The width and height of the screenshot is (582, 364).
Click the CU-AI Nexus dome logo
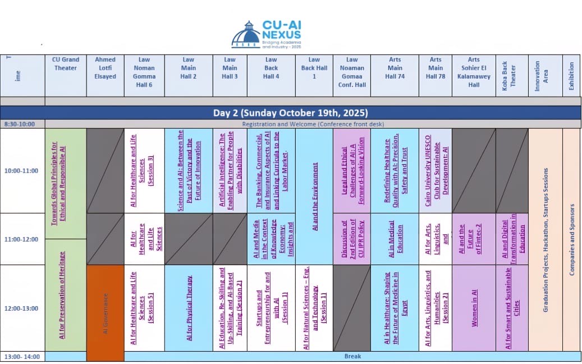point(246,35)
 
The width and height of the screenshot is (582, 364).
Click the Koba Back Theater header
point(512,76)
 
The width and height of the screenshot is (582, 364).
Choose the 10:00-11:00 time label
point(22,170)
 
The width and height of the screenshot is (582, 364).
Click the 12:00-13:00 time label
point(22,308)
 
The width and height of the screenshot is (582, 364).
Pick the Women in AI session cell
point(474,308)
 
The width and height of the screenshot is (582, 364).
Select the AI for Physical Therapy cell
point(189,308)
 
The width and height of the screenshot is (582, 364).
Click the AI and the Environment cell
point(314,197)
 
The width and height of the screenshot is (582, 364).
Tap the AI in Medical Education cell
point(395,239)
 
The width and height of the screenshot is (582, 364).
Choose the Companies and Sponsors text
point(572,239)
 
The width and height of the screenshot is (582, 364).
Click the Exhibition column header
point(572,76)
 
